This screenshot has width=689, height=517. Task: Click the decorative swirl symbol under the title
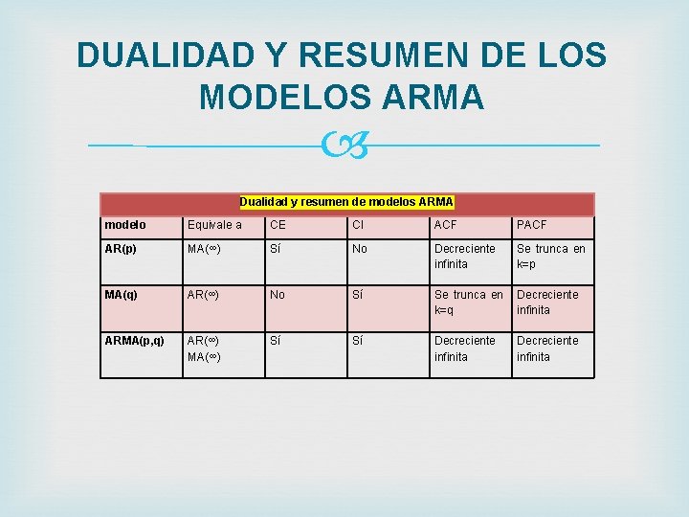coord(344,146)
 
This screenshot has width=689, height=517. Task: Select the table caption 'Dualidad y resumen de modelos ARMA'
coord(346,202)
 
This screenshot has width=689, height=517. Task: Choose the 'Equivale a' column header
coord(214,225)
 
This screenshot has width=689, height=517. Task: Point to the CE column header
coord(278,225)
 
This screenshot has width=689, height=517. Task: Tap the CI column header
coord(358,225)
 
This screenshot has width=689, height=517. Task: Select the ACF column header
coord(446,225)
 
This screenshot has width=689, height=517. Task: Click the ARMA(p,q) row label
coord(135,341)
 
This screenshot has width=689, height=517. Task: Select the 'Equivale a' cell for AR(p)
coord(205,249)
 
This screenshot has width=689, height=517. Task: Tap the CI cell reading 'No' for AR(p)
coord(360,249)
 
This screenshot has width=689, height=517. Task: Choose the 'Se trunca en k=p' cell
coord(550,256)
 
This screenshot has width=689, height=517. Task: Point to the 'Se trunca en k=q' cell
coord(468,302)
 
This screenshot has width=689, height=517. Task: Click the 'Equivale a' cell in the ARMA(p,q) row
coord(205,348)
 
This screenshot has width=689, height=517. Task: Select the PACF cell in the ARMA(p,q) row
coord(547,348)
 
